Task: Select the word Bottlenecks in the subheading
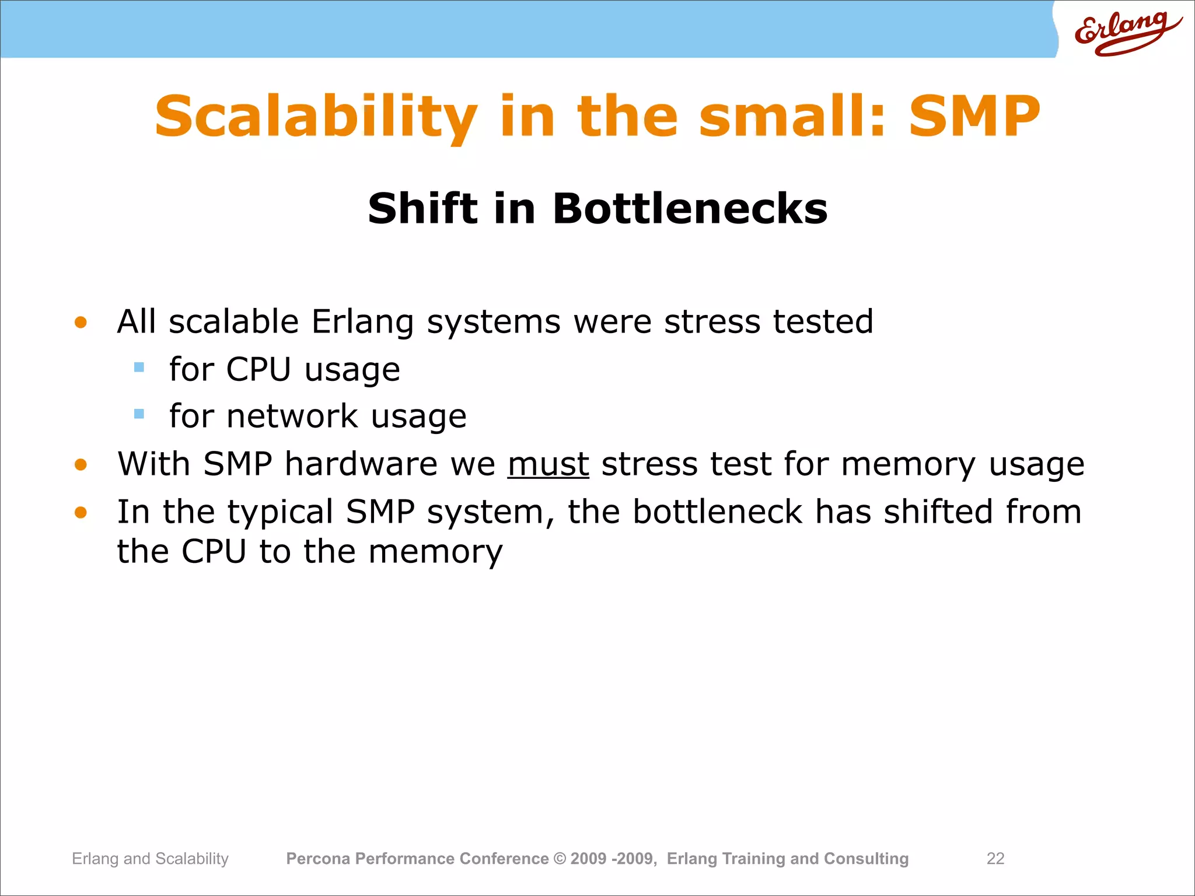690,209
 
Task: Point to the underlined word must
548,464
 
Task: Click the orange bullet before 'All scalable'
81,323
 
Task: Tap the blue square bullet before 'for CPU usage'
139,367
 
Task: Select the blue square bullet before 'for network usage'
139,414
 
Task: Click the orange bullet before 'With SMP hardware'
81,465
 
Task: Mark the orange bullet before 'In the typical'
81,513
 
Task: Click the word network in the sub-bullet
292,416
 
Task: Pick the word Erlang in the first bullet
362,322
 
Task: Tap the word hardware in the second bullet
361,464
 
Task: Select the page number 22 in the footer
995,859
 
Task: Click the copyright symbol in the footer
560,859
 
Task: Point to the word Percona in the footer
318,859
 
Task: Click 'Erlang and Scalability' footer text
150,859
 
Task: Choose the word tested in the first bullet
823,322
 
